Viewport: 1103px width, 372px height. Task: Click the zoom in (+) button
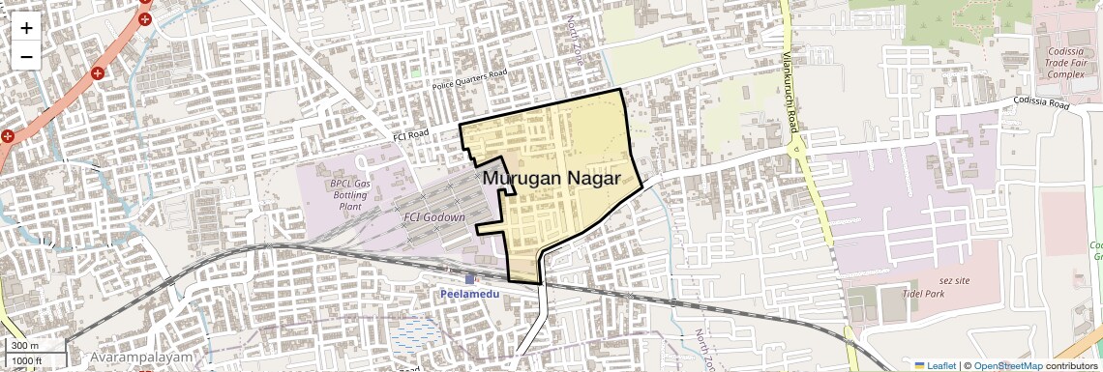coord(26,28)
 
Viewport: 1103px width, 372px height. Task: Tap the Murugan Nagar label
coord(551,179)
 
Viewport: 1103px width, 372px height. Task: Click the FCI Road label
coord(410,135)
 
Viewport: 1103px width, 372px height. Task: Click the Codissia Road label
coord(1041,101)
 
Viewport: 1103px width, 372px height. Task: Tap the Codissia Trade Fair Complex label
coord(1066,61)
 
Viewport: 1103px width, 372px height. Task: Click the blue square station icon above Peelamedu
coord(469,279)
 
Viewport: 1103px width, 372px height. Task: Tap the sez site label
coord(956,280)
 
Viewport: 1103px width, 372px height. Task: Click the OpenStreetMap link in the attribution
coord(1008,365)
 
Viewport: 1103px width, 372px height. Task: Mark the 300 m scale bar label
coord(25,346)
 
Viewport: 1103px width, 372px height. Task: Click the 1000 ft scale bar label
coord(27,360)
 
